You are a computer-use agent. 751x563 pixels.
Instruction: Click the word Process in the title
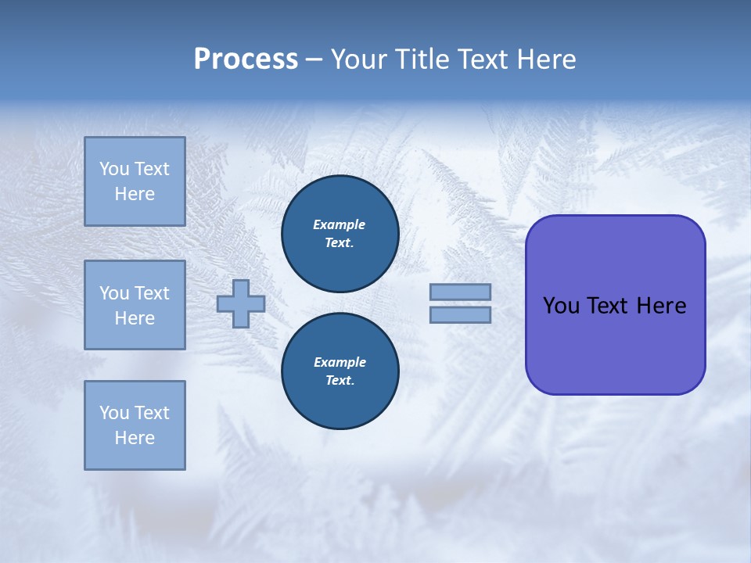point(246,59)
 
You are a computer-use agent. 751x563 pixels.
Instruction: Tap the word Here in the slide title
point(544,59)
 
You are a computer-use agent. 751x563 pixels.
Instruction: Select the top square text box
point(135,181)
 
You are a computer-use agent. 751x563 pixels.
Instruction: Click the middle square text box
point(135,305)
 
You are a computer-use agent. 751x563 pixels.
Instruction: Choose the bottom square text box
point(135,425)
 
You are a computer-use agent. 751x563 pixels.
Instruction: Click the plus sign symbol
point(241,303)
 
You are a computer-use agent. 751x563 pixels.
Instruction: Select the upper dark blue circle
point(340,234)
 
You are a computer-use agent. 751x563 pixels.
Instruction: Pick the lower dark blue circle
point(340,371)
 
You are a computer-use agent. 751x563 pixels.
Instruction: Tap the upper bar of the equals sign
point(460,292)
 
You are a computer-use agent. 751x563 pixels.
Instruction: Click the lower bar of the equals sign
point(460,315)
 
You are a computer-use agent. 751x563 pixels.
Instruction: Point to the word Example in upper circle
point(340,224)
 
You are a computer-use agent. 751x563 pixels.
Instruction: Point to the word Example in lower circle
point(340,362)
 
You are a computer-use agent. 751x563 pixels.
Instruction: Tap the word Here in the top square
point(135,194)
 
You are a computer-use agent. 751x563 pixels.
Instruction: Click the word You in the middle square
point(114,293)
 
